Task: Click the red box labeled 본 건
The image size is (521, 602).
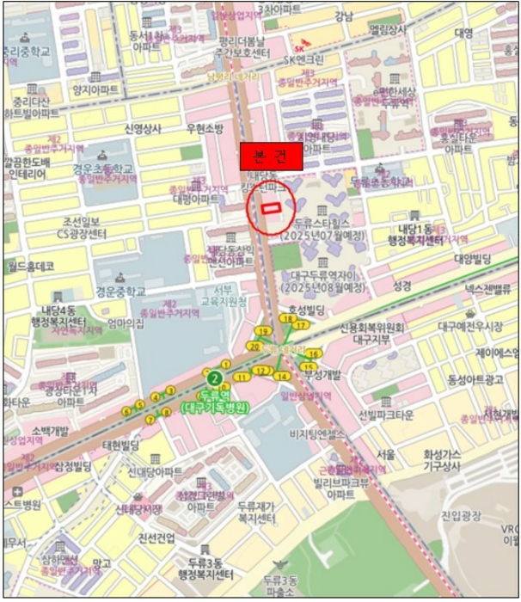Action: (272, 157)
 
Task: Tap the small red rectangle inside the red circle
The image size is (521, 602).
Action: (272, 207)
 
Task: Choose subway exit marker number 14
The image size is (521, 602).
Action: (280, 376)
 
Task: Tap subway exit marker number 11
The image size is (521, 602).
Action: (244, 376)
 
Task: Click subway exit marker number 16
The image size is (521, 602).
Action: (314, 353)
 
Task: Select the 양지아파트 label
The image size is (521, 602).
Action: (95, 89)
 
